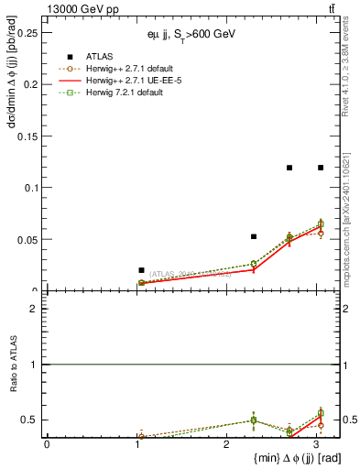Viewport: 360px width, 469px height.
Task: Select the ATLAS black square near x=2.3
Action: click(x=254, y=236)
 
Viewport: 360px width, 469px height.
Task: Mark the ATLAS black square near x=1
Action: click(x=141, y=270)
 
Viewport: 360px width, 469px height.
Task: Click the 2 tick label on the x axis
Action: click(x=226, y=444)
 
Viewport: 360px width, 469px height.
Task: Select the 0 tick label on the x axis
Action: click(x=47, y=444)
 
